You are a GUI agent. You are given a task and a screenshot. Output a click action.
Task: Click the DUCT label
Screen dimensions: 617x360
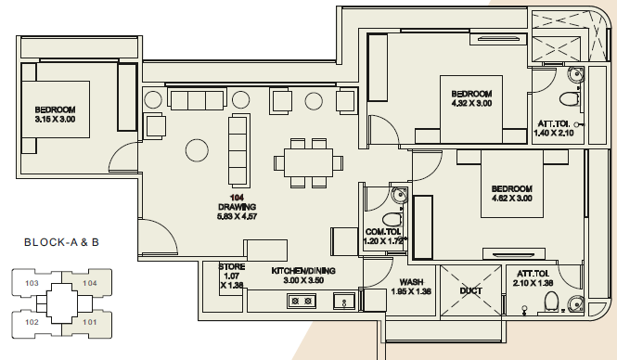tap(470, 291)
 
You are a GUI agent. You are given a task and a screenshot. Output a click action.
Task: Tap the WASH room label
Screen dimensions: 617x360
tap(411, 282)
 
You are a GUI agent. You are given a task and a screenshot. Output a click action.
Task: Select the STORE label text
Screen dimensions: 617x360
tap(232, 267)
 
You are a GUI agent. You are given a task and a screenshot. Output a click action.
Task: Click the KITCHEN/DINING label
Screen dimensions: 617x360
tap(303, 271)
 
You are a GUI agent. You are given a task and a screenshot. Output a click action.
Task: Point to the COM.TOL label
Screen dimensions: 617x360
tap(383, 232)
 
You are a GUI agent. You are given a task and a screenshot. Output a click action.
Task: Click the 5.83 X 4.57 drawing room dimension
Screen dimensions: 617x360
tap(237, 216)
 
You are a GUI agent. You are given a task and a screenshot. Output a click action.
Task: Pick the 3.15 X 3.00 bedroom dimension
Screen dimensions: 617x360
tap(55, 119)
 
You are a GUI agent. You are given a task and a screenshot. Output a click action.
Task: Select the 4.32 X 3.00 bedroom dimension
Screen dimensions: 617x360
tap(471, 103)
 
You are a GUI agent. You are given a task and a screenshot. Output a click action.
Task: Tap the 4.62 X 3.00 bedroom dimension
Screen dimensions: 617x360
tap(511, 198)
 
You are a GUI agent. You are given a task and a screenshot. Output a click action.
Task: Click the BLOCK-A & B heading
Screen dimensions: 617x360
tap(62, 242)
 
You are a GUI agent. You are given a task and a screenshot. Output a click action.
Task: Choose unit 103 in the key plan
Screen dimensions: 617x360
tap(32, 283)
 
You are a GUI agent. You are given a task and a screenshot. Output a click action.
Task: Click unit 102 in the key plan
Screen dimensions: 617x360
tap(32, 322)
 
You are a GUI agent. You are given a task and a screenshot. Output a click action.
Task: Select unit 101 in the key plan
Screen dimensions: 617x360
tap(90, 322)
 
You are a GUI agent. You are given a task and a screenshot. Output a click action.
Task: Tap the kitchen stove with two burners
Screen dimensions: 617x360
tap(302, 302)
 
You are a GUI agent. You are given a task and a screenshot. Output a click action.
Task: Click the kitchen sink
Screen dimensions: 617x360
tap(344, 301)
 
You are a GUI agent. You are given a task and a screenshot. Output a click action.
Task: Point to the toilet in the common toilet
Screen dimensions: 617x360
tap(391, 219)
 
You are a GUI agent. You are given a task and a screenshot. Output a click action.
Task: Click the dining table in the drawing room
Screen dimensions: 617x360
tap(308, 162)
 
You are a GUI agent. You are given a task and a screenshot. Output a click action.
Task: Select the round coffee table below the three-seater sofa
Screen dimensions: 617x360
tap(197, 150)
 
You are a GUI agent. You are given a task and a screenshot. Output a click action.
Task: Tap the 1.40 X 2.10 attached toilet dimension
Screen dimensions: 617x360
tap(554, 133)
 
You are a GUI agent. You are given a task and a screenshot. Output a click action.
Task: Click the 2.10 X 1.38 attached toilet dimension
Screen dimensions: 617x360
tap(533, 282)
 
